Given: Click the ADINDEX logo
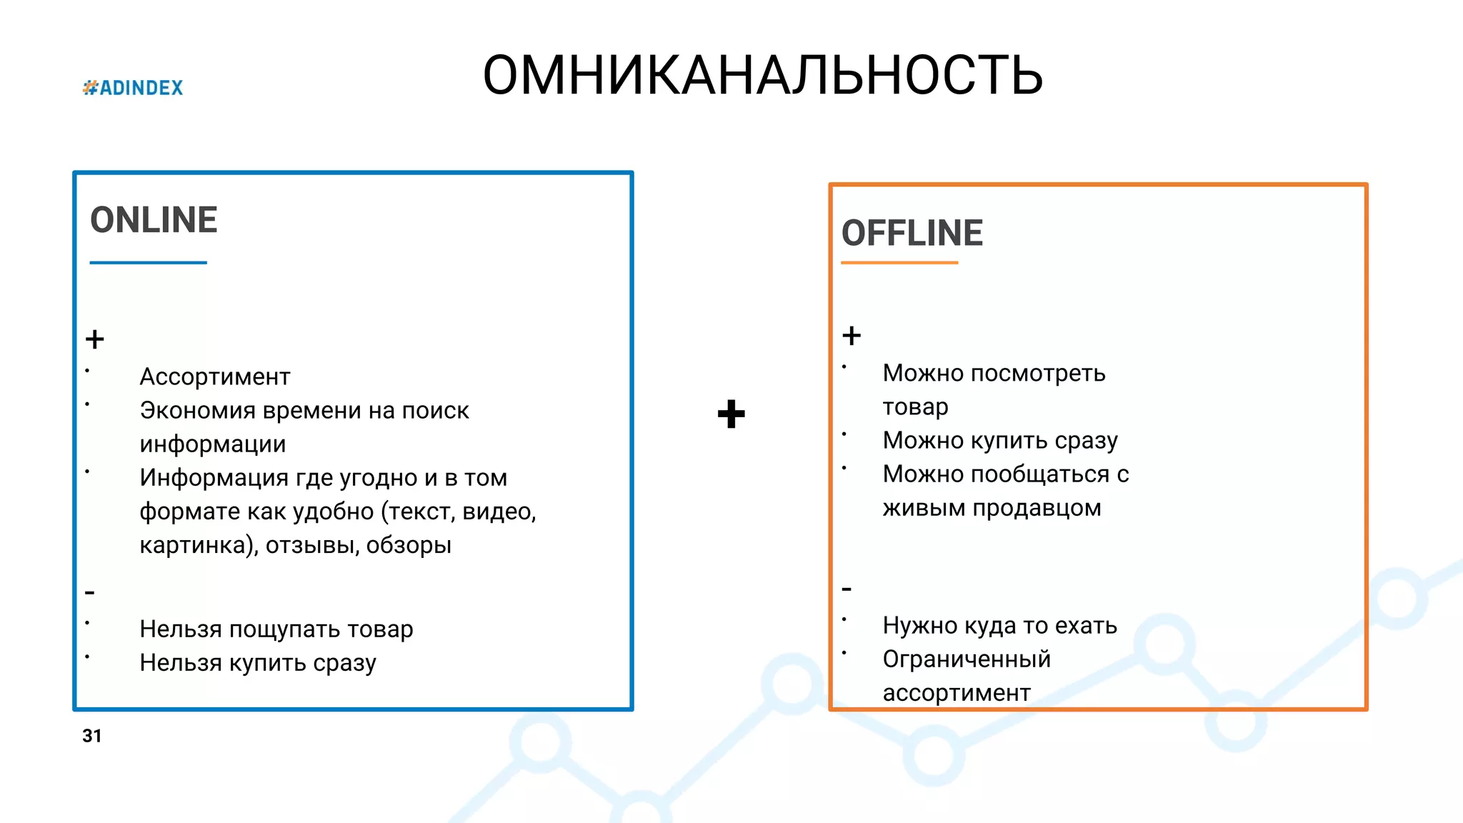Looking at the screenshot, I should click(x=133, y=88).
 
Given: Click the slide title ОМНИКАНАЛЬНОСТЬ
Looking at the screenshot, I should click(x=762, y=76).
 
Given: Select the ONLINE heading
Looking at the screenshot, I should click(x=154, y=220).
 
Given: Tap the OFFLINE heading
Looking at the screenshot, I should click(x=912, y=234).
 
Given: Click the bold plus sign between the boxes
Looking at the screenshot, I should click(x=731, y=414).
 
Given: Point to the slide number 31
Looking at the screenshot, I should click(x=92, y=736).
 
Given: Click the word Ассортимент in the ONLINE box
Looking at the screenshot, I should click(x=215, y=376).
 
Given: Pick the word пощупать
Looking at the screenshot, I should click(x=284, y=629).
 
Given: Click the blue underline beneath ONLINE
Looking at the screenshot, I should click(x=148, y=263).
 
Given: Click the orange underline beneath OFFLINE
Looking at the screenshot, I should click(x=899, y=263).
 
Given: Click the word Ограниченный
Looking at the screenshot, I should click(x=967, y=659).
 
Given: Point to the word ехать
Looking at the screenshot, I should click(x=1086, y=626).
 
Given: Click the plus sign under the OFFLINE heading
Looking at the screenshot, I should click(x=852, y=335).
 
